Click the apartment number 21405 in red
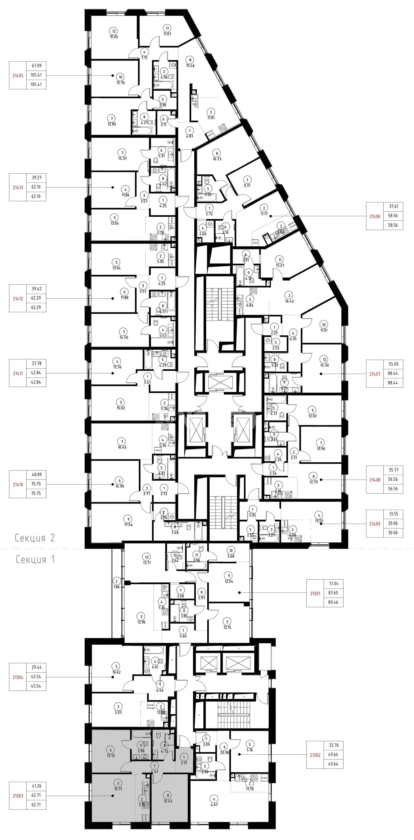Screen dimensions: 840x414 (x=18, y=75)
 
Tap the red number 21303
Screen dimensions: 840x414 (x=18, y=796)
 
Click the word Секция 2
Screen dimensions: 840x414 (x=35, y=538)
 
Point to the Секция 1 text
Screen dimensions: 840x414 (x=36, y=560)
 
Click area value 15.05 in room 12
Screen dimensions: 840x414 (x=114, y=37)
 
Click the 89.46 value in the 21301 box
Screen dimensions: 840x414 (x=333, y=602)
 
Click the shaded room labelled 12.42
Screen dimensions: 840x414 (x=168, y=798)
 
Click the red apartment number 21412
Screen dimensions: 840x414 (x=18, y=298)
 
